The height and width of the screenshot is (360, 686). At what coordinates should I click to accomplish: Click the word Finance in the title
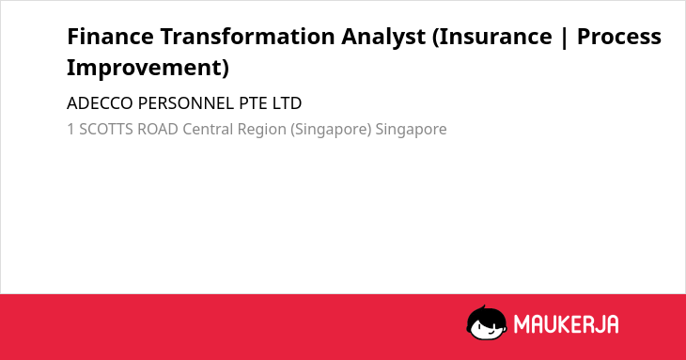coord(110,37)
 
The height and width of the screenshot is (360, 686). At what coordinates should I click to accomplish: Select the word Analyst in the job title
coord(383,38)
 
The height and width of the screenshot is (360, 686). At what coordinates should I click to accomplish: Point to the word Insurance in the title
coord(495,37)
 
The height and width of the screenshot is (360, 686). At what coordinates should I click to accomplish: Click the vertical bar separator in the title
coord(565,38)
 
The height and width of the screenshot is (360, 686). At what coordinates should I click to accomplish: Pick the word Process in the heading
coord(619,37)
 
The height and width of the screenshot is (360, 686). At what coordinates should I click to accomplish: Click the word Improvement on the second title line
coord(148,68)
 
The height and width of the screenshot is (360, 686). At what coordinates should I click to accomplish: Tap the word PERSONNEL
coord(186,103)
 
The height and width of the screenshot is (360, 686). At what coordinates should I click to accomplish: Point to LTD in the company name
coord(287,103)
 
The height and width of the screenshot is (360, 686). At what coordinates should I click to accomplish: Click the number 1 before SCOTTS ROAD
coord(70,130)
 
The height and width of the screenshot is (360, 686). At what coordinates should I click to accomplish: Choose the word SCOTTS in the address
coord(106,130)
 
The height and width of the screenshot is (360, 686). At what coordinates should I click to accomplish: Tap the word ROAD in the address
coord(158,130)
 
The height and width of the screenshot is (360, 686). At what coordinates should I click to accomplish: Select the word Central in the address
coord(208,130)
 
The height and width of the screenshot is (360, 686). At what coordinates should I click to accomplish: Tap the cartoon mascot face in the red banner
coord(487,323)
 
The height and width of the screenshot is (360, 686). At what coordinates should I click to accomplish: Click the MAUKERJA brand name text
coord(566,324)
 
